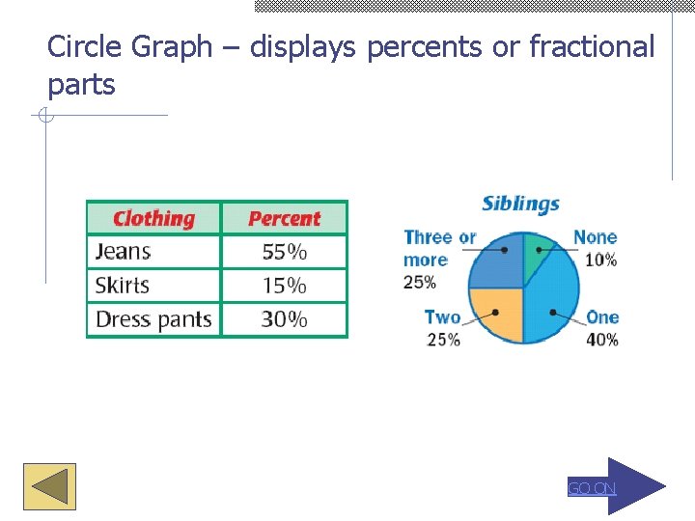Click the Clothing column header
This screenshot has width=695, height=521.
(x=153, y=218)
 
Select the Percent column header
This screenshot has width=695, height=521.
(x=284, y=218)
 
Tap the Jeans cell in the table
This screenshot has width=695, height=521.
(x=124, y=252)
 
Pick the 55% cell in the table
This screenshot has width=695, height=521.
(x=284, y=252)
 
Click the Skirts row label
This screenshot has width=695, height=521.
(x=123, y=286)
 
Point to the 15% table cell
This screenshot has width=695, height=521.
(x=284, y=286)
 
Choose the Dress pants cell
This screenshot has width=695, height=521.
(x=153, y=319)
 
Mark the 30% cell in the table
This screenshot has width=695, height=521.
(x=284, y=319)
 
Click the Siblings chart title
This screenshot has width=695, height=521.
(x=520, y=204)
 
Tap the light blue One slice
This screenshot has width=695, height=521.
(x=554, y=304)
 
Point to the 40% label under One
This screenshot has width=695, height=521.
(x=603, y=339)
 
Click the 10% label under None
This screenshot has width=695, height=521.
(x=601, y=260)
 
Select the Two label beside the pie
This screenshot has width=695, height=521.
(x=442, y=316)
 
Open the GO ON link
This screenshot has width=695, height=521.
(x=591, y=488)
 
